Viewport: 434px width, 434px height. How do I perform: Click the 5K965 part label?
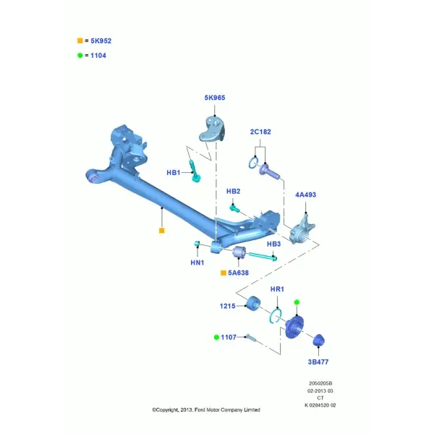(215, 98)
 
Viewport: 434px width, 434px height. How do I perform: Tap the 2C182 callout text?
(260, 132)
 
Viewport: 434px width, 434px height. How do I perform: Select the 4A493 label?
(305, 195)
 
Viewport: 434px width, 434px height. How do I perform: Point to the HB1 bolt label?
(174, 173)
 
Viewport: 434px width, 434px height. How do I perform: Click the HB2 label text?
(234, 191)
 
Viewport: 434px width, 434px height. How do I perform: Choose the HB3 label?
(273, 244)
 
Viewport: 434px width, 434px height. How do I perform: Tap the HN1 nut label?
(197, 263)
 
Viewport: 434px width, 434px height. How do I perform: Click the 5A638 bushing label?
(238, 273)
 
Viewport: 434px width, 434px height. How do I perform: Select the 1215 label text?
(228, 306)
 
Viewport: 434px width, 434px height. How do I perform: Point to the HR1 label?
(277, 289)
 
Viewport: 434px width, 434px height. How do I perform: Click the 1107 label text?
(229, 337)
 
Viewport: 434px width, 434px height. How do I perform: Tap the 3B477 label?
(318, 362)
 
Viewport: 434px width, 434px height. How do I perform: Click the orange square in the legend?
(80, 41)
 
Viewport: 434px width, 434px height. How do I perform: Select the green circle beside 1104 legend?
(80, 56)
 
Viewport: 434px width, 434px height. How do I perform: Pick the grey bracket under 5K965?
(212, 129)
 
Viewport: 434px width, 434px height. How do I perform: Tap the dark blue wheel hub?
(294, 328)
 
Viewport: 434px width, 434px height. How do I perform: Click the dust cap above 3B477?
(318, 340)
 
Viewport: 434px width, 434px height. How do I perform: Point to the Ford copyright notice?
(206, 409)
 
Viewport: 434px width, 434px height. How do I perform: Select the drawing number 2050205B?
(320, 383)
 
